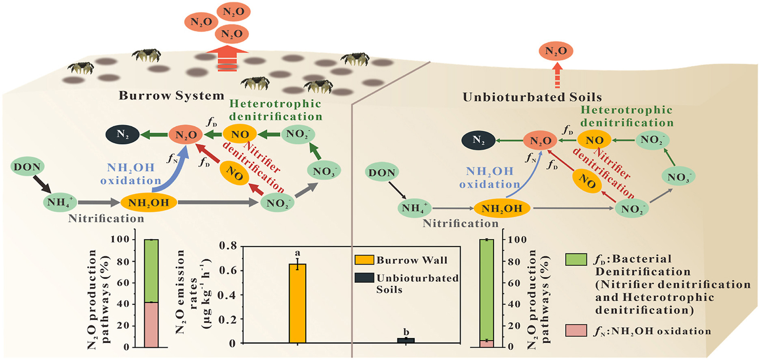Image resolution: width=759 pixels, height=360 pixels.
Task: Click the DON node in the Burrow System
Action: click(28, 167)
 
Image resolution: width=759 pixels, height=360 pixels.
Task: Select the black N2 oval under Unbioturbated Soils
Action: click(478, 141)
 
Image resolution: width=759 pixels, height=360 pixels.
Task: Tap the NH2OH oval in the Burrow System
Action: click(149, 202)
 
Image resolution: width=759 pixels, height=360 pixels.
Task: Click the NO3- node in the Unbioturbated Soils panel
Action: click(678, 177)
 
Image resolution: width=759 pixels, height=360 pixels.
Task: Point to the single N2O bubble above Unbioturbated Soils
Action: click(556, 51)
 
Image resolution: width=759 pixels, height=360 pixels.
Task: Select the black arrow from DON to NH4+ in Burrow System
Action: click(42, 184)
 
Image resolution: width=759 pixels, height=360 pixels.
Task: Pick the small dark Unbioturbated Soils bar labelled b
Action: click(406, 340)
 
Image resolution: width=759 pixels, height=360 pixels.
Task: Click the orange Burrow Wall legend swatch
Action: click(364, 260)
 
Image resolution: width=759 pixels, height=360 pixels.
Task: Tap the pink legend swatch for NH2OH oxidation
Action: click(576, 330)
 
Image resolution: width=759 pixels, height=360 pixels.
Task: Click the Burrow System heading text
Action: click(171, 95)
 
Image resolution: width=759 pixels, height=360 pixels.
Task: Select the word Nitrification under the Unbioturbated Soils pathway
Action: click(461, 223)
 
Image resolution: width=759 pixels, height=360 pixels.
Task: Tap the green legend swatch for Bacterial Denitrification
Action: click(576, 259)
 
